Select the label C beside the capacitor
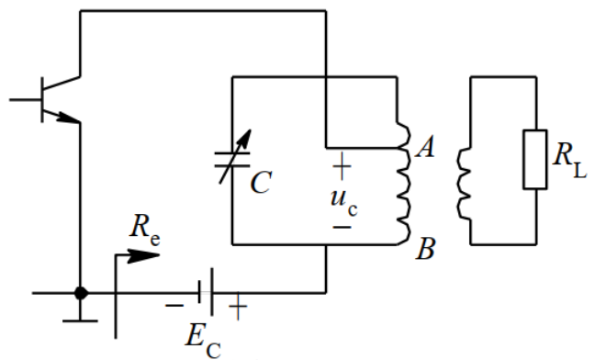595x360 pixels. (260, 184)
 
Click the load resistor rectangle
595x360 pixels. (535, 160)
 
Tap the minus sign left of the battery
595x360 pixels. (174, 304)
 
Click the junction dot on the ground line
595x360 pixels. (82, 293)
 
